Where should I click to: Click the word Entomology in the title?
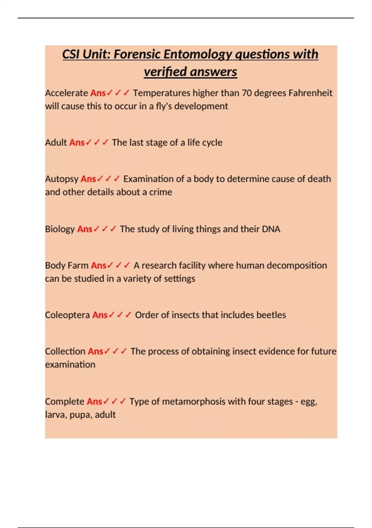(197, 54)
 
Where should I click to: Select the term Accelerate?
(67, 93)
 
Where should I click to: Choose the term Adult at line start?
(56, 143)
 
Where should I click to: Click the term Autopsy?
(62, 179)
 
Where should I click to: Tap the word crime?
(161, 192)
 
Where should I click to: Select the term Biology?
(60, 229)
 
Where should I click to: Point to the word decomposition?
(297, 266)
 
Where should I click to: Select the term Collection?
(65, 351)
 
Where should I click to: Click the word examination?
(70, 364)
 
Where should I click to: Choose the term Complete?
(64, 402)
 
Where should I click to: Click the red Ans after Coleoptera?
(100, 315)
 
